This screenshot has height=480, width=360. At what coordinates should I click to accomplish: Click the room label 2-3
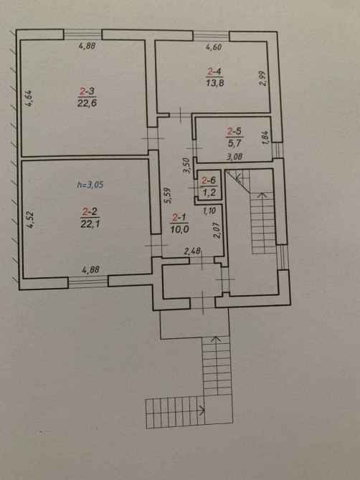(87, 91)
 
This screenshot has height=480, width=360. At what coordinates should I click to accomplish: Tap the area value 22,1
(90, 224)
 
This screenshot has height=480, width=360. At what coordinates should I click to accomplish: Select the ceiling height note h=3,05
(90, 185)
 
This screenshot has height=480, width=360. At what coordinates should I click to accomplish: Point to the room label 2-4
(214, 72)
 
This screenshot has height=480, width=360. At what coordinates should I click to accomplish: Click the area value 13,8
(214, 83)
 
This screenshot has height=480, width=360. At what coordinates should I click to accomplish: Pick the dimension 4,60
(214, 47)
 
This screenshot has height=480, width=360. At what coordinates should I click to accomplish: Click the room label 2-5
(235, 132)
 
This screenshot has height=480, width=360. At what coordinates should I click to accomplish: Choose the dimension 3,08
(235, 157)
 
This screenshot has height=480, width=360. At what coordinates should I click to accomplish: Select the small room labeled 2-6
(209, 186)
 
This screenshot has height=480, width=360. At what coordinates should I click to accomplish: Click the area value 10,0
(179, 229)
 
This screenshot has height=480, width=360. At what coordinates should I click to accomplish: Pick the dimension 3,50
(187, 165)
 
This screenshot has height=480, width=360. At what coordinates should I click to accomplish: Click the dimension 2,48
(192, 251)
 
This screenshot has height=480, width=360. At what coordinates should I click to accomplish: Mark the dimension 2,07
(217, 231)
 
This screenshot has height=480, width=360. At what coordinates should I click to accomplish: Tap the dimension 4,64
(29, 98)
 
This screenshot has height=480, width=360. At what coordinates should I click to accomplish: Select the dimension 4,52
(30, 220)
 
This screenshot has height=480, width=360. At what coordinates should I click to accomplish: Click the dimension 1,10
(209, 211)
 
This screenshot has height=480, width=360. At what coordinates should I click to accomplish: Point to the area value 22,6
(87, 103)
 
